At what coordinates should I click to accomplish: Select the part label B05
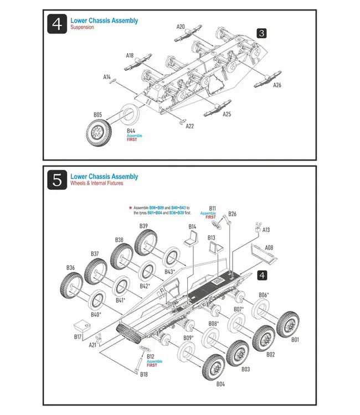(x=97, y=115)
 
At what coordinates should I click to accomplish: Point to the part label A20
(x=181, y=27)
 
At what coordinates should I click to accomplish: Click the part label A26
(x=277, y=85)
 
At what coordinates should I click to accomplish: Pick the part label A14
(x=107, y=77)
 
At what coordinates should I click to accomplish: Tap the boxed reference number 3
(x=260, y=34)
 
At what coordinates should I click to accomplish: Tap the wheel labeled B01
(x=288, y=324)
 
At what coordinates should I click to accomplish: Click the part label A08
(x=269, y=248)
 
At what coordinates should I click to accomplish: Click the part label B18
(x=144, y=375)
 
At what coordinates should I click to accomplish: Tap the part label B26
(x=232, y=214)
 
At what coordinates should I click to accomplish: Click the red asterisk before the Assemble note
(x=130, y=207)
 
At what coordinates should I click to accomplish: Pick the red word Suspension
(x=83, y=27)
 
